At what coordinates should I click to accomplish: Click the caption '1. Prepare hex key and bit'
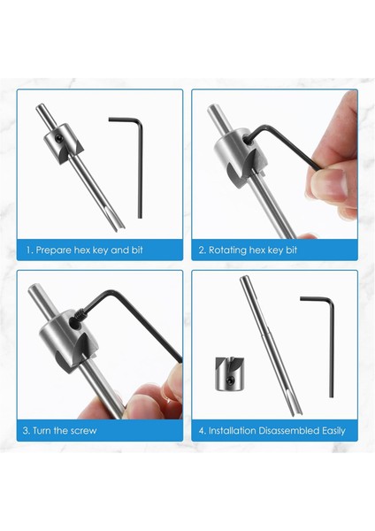[85, 250]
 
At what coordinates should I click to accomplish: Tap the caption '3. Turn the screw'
[60, 431]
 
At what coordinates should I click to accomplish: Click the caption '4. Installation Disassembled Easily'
[272, 431]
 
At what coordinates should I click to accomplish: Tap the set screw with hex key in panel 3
[80, 314]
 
